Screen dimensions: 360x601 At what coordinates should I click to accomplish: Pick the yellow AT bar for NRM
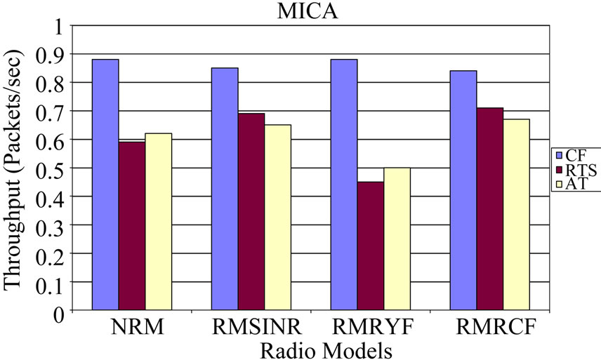(158, 222)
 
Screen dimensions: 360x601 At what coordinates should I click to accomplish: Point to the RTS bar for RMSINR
(252, 212)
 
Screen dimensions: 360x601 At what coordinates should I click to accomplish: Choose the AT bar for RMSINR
(277, 218)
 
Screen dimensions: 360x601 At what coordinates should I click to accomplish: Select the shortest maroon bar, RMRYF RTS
(371, 246)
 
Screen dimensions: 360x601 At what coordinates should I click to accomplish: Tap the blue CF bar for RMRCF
(464, 190)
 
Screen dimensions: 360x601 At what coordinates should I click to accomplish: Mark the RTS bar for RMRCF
(490, 209)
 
